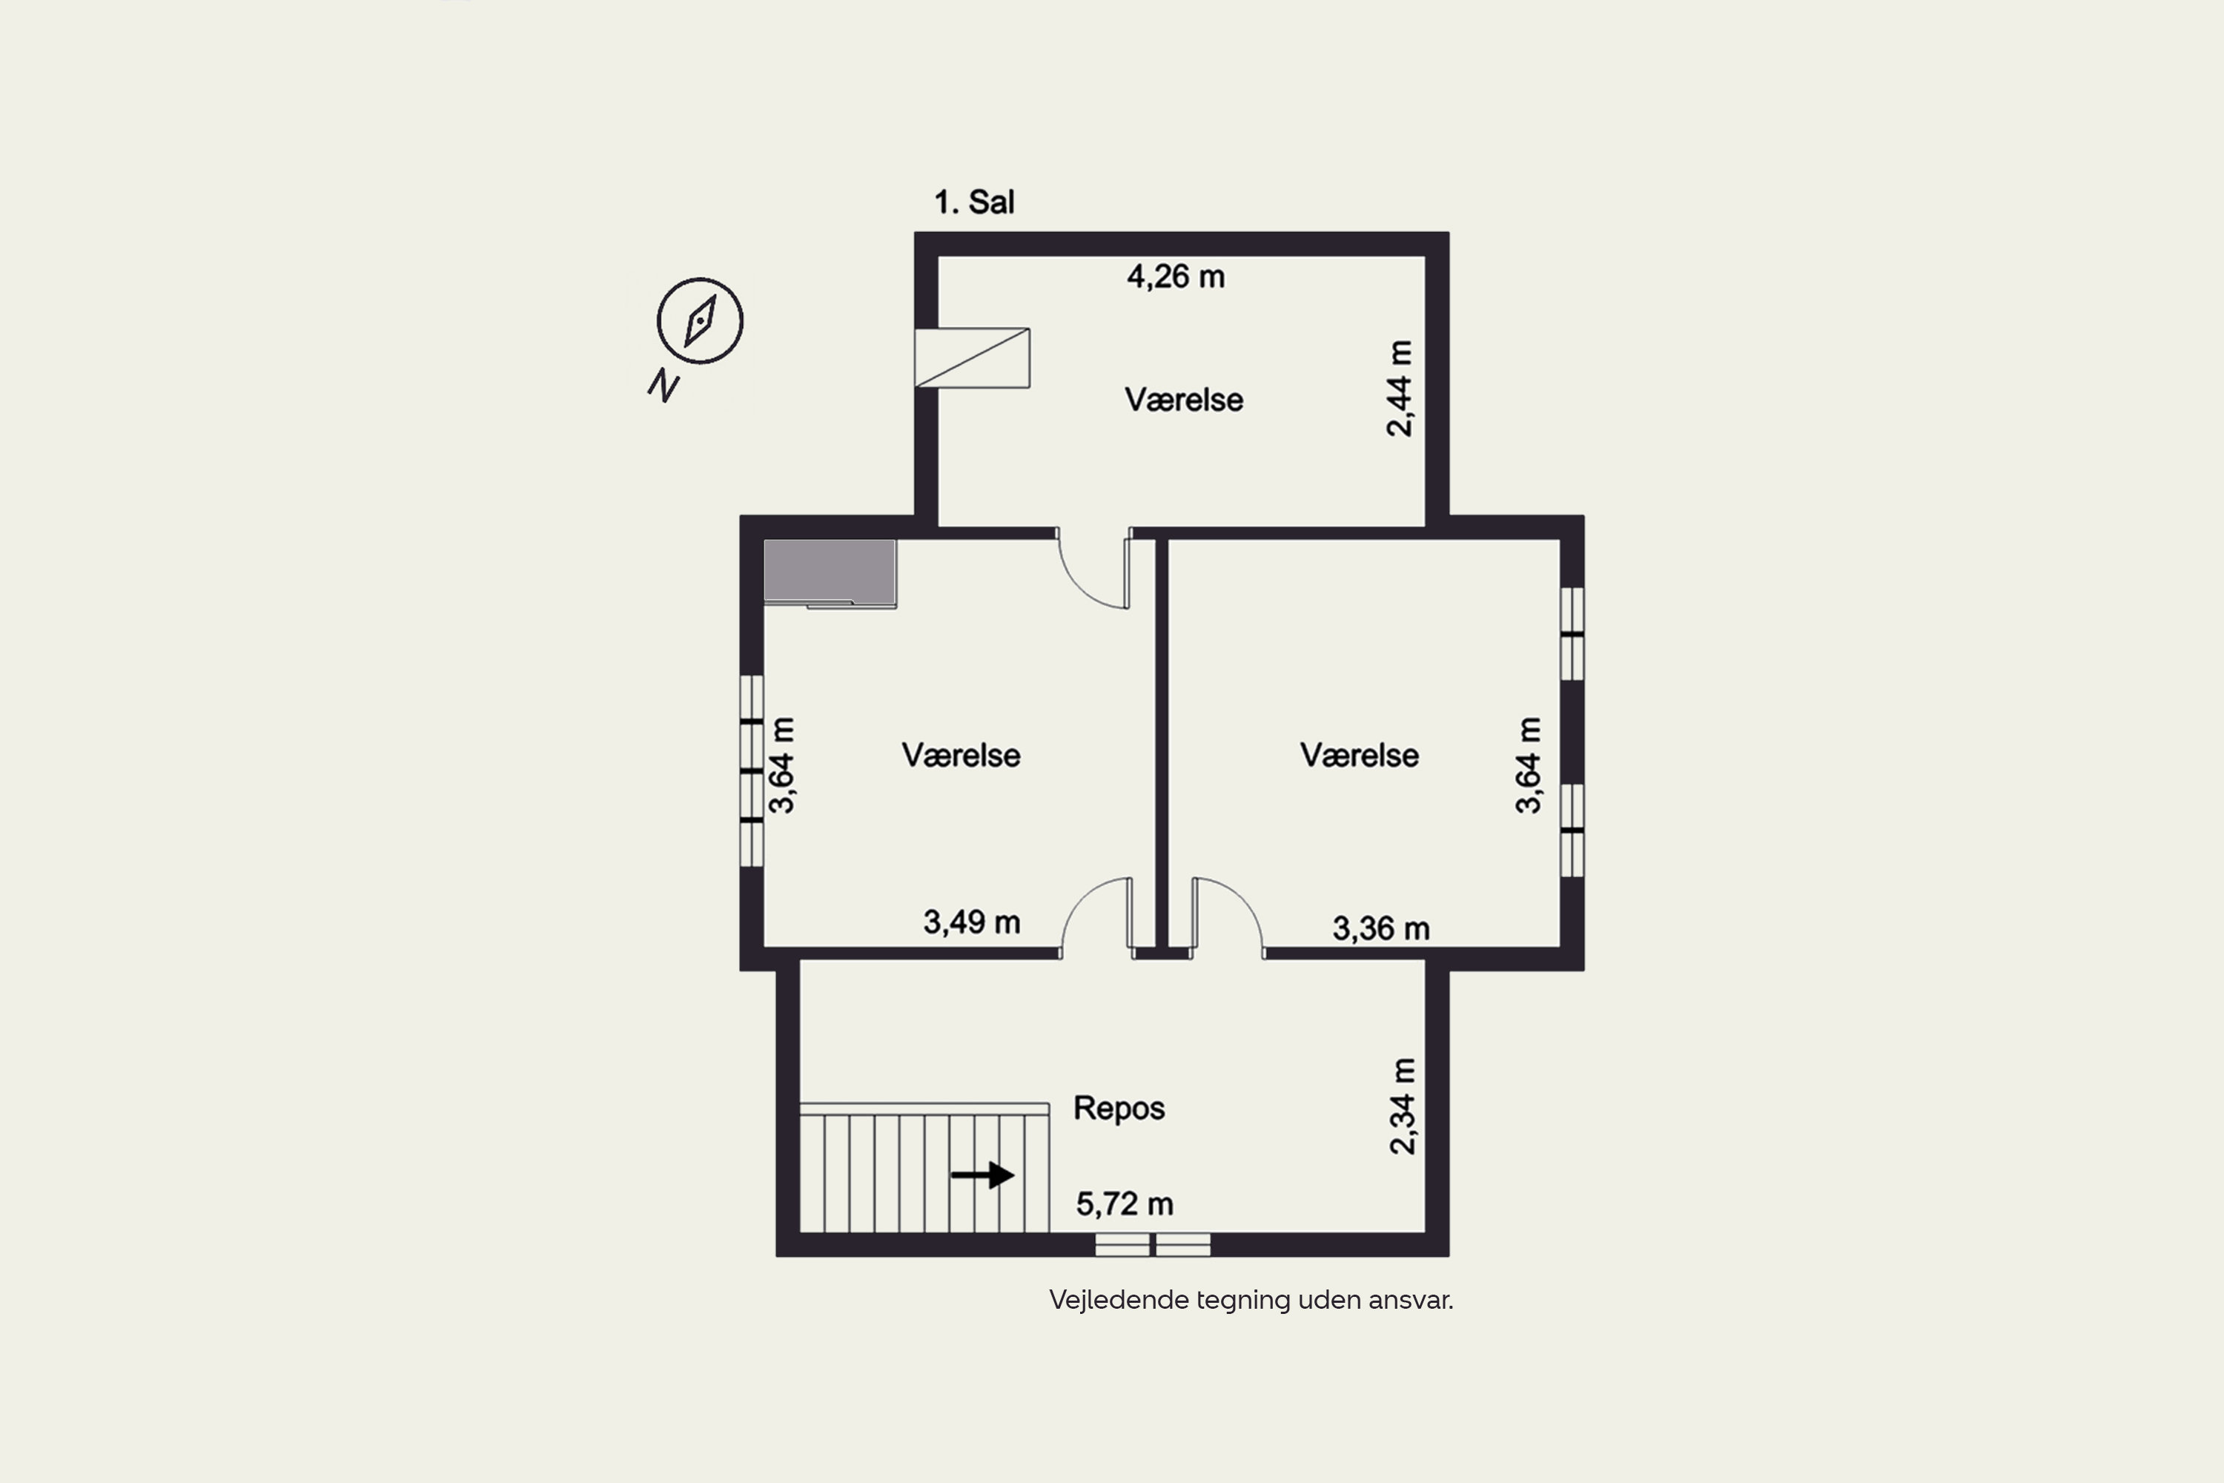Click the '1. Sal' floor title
point(974,202)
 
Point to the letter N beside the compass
point(663,385)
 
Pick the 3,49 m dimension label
point(971,922)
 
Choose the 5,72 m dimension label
point(1125,1204)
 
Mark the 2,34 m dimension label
point(1403,1106)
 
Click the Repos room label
point(1119,1108)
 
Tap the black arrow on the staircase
point(982,1175)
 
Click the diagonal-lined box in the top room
point(972,357)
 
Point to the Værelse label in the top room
point(1183,400)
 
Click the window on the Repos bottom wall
point(1153,1245)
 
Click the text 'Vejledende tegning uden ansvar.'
point(1251,1301)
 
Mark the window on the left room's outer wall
point(751,771)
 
